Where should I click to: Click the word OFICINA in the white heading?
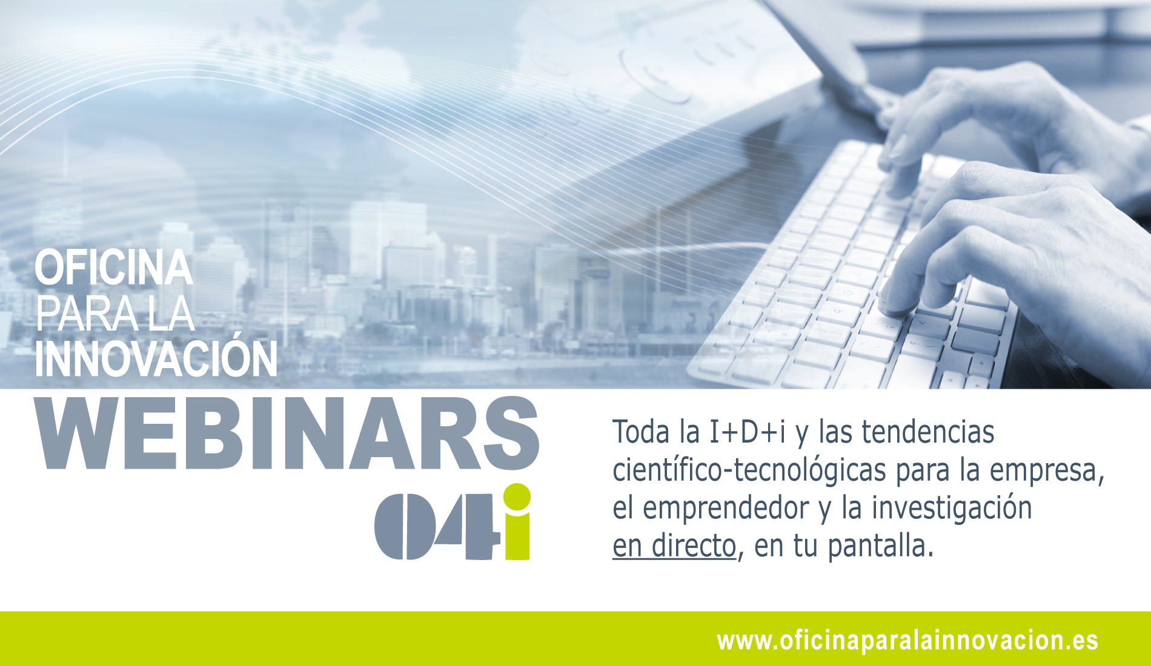click(114, 268)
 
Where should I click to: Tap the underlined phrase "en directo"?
click(674, 546)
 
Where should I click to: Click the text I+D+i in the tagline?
click(748, 432)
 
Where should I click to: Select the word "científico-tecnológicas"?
click(749, 470)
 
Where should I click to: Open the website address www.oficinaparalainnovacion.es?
click(907, 641)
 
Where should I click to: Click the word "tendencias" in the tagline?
click(928, 432)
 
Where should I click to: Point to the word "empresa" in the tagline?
click(1043, 470)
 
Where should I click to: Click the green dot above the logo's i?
click(517, 497)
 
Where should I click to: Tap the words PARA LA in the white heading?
click(114, 314)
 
